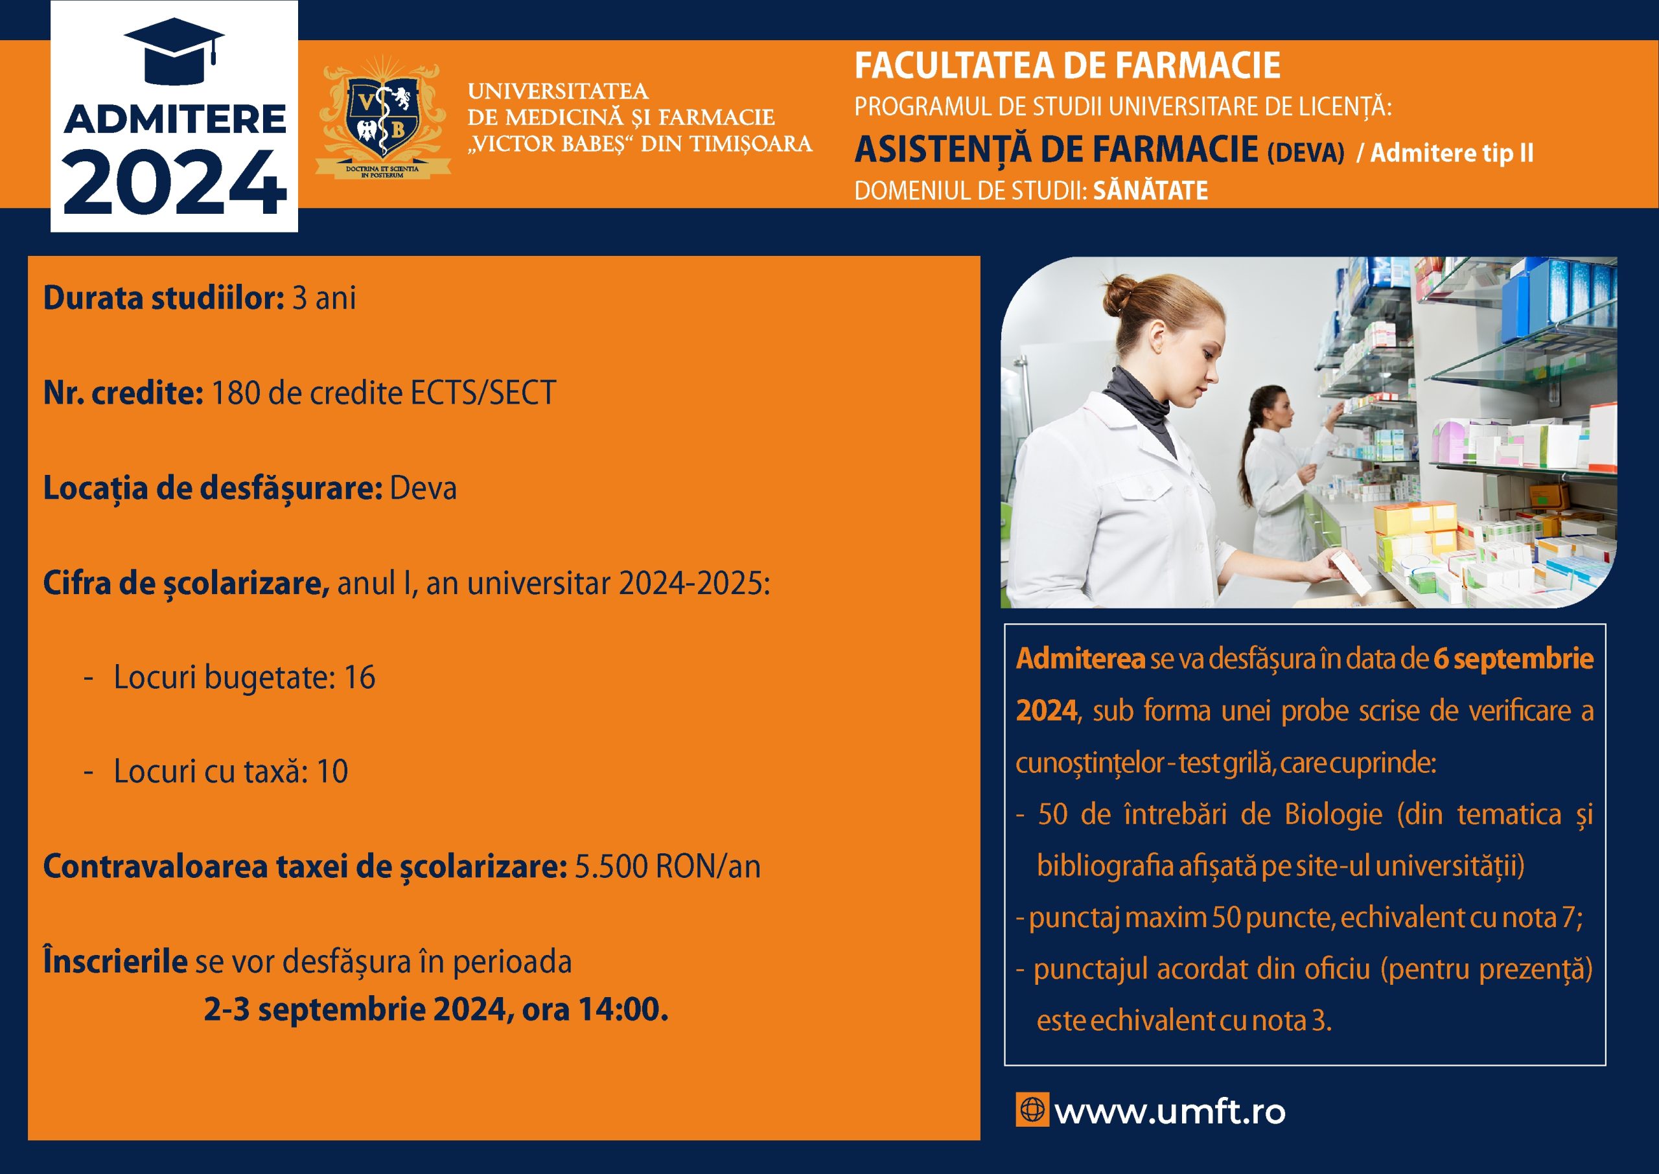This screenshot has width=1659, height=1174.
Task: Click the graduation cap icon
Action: tap(174, 51)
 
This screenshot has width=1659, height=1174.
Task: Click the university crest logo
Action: tap(383, 117)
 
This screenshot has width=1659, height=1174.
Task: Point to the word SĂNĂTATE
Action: tap(1150, 191)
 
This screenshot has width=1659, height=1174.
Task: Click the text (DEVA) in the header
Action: tap(1306, 152)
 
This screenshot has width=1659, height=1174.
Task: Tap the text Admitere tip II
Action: tap(1452, 152)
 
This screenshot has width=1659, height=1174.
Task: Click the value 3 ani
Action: tap(324, 298)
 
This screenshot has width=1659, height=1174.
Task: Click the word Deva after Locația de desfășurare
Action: tap(423, 488)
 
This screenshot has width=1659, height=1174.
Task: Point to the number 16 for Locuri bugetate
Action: tap(359, 677)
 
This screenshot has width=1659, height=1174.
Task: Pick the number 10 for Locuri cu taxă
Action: tap(332, 772)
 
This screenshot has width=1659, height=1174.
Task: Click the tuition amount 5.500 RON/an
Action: tap(667, 867)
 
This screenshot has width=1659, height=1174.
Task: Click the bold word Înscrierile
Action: tap(115, 961)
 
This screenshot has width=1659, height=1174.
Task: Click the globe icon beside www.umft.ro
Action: tap(1032, 1110)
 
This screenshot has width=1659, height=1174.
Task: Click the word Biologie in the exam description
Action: tap(1333, 814)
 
